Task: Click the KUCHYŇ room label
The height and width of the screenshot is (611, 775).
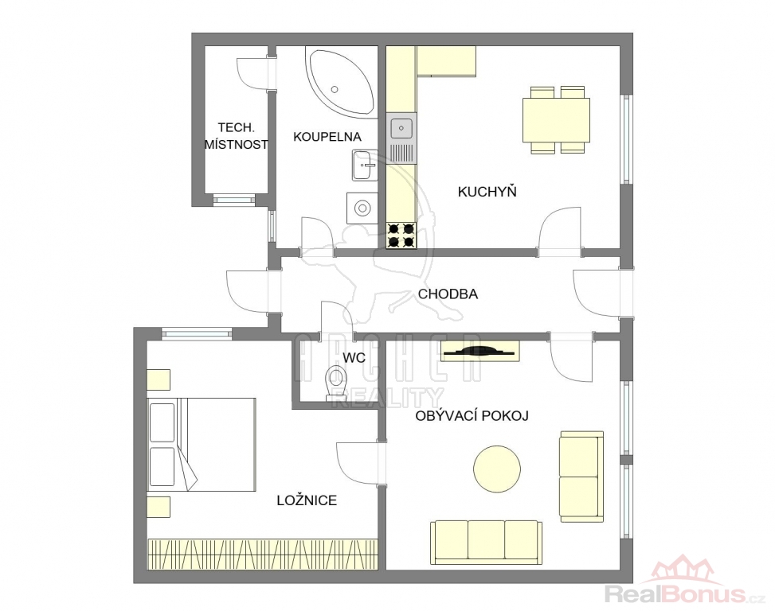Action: pos(487,191)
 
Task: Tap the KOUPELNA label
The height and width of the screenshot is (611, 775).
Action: pos(327,137)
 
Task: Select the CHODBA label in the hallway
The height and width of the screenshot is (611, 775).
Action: pos(448,294)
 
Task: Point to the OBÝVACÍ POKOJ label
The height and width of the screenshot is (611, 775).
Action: pos(472,416)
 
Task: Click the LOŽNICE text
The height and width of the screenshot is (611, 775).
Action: pos(307,500)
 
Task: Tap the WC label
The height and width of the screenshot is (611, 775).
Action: pos(354,358)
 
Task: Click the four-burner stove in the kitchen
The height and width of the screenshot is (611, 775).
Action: pos(401,235)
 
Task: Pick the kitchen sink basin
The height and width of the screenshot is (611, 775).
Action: pos(401,128)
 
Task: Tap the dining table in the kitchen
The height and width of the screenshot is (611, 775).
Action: pos(557,120)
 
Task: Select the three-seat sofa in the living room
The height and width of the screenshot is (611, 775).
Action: pos(486,542)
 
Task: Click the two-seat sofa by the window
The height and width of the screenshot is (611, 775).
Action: pos(581,477)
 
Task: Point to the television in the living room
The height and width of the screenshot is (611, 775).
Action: pos(480,352)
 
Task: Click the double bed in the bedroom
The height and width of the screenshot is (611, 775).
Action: pos(202,444)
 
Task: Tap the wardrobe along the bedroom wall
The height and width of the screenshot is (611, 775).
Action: pos(263,554)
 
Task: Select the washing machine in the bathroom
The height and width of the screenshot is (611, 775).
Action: pos(362,208)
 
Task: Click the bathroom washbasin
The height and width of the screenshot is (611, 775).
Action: pos(365,165)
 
